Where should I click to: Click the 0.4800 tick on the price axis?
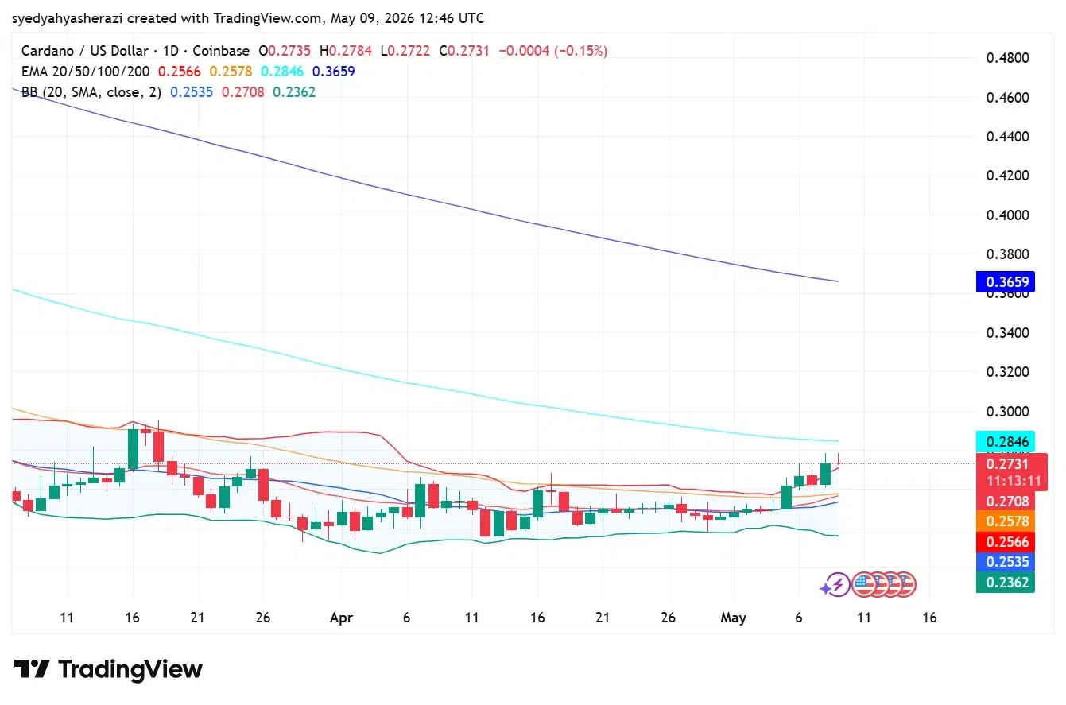(1007, 58)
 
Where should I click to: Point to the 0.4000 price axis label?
(1007, 215)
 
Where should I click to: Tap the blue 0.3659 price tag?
(1005, 281)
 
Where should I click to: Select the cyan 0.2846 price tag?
(1005, 441)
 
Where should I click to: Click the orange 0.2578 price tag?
(1005, 521)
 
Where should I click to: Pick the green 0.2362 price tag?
(1005, 583)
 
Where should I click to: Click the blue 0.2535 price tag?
(1005, 562)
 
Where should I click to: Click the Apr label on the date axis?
(341, 618)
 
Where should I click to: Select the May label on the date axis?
(734, 618)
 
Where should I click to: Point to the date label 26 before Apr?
(262, 618)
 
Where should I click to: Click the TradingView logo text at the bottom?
(130, 669)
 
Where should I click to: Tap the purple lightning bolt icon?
(836, 584)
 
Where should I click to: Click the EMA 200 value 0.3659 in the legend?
(333, 72)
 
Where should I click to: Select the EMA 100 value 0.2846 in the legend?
(281, 72)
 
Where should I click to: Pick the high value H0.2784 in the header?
(346, 51)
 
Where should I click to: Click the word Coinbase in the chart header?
(221, 51)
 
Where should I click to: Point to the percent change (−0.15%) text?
(580, 51)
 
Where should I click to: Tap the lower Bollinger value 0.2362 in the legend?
(294, 92)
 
